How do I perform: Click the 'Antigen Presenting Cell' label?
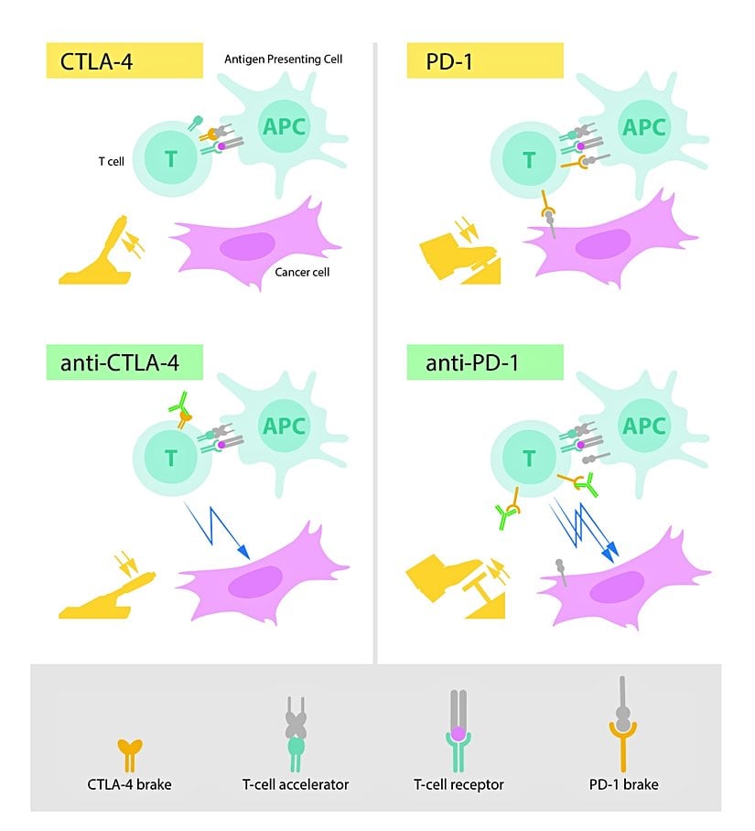(284, 59)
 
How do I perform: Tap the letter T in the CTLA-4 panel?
(170, 159)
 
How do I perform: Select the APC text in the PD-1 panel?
(653, 125)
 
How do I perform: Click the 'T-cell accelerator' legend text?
(296, 784)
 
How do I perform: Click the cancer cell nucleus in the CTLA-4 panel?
(247, 247)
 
